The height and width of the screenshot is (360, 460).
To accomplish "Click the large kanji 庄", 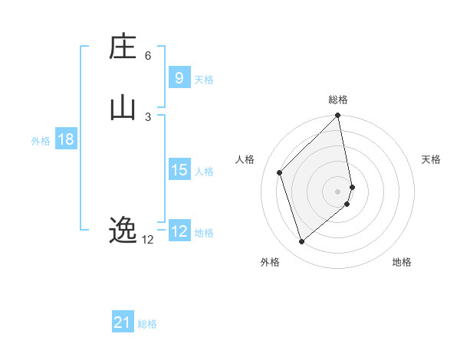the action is pos(123,47).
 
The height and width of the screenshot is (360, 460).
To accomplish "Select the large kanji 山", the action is pos(123,107).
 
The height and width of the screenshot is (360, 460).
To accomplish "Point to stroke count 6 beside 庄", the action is pos(148,56).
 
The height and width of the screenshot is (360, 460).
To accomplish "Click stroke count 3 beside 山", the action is pos(148,116).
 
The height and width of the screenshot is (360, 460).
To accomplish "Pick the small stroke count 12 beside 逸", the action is pos(148,240).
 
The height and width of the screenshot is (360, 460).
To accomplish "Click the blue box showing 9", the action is pos(179,77).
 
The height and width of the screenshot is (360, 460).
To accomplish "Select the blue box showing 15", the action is pos(179,170).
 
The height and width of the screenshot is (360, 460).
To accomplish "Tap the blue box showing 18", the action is pos(66,139).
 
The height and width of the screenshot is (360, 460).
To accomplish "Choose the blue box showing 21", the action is pos(123,322).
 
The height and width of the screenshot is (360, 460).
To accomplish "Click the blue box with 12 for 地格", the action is pos(179,231).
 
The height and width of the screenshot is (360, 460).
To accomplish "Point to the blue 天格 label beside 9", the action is pos(204,80).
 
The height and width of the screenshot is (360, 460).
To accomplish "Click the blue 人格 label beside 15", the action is pos(204,172).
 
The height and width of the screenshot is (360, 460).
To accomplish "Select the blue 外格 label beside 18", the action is pos(41,141).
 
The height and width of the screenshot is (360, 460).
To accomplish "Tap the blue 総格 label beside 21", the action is pos(147,324).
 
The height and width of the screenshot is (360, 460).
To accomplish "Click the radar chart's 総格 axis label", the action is pos(338,100).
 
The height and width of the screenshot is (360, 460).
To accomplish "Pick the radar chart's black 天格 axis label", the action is pos(431,159).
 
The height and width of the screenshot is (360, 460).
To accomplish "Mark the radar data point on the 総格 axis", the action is pos(338,116).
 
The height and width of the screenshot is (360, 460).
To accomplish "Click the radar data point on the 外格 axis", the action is pos(301,242).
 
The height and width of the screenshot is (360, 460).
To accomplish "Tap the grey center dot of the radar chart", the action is pos(338,191).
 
